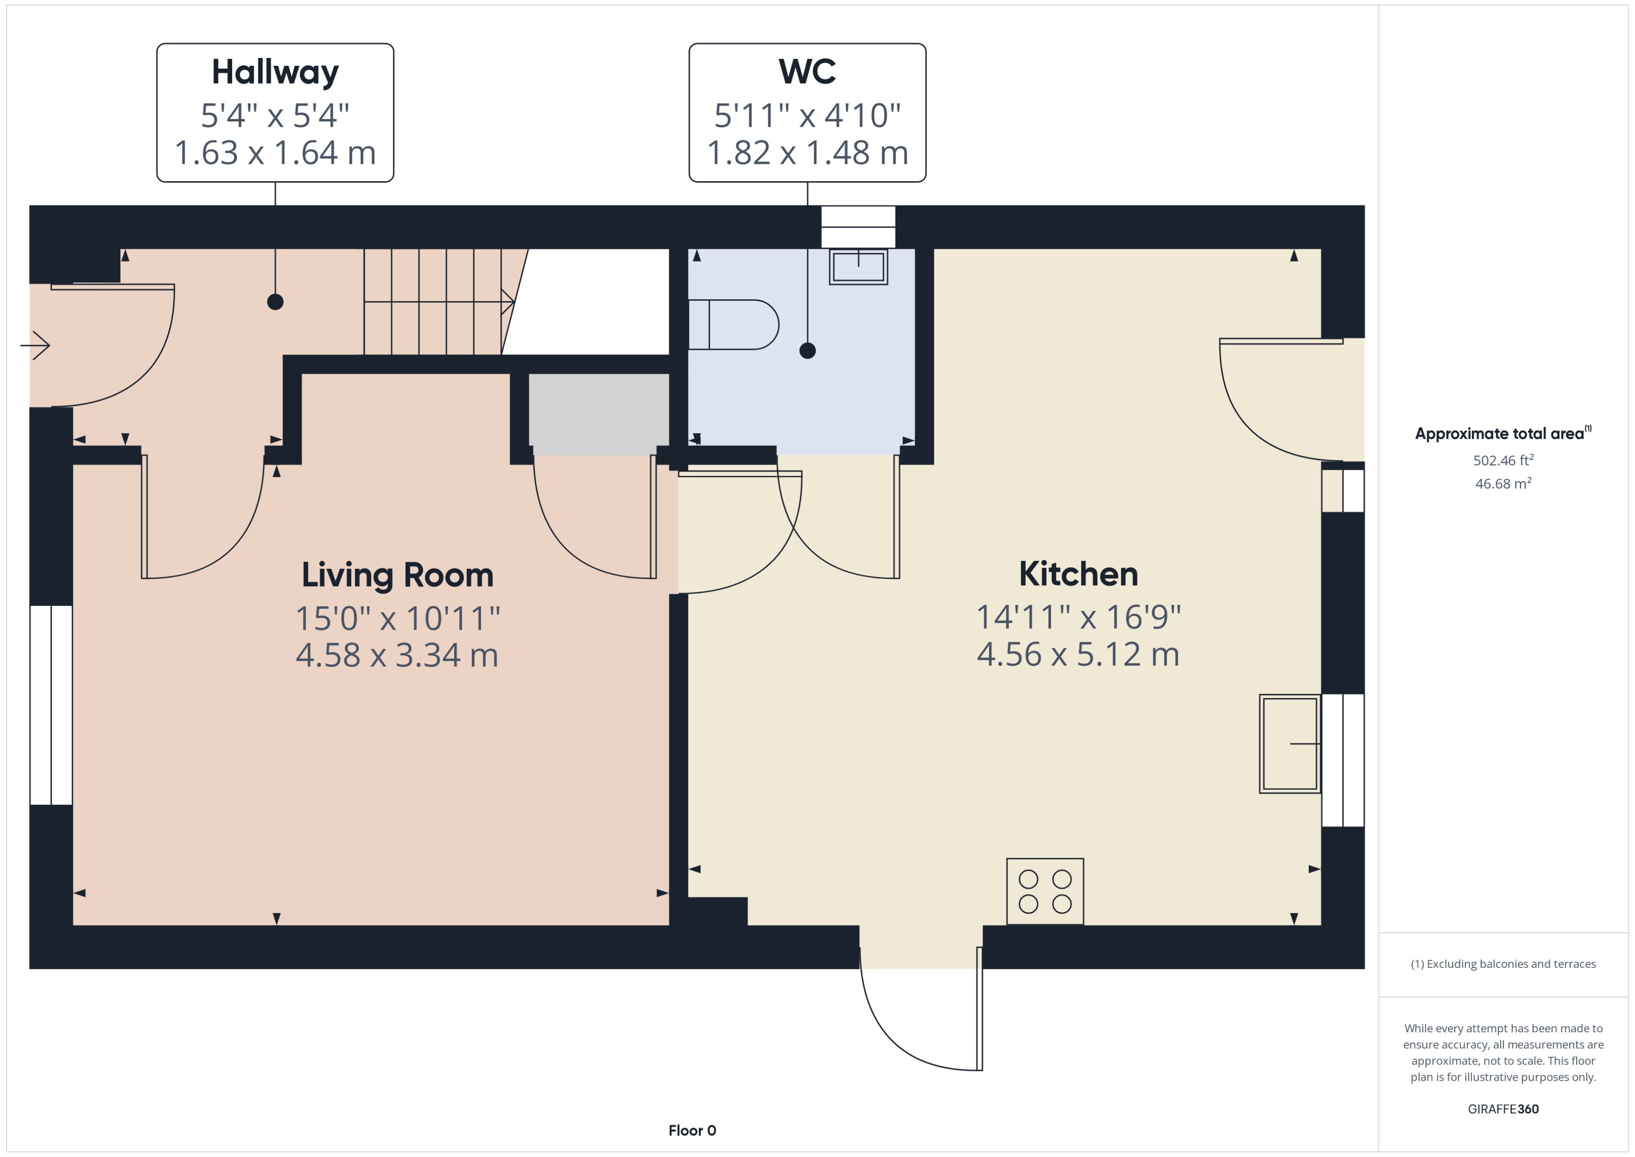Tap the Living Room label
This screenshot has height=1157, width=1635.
(397, 575)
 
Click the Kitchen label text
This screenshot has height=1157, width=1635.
(1078, 574)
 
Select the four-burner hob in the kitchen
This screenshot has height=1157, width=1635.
(1045, 891)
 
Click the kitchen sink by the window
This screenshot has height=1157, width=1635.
(1289, 744)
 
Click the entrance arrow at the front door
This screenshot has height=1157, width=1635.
(36, 346)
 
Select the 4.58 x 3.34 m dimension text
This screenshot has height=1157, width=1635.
(397, 655)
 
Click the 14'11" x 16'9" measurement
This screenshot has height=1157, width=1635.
(1078, 617)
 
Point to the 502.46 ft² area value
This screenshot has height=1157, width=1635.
(1502, 460)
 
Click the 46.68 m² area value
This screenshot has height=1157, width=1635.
(1502, 484)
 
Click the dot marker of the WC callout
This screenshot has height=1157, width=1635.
(807, 350)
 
